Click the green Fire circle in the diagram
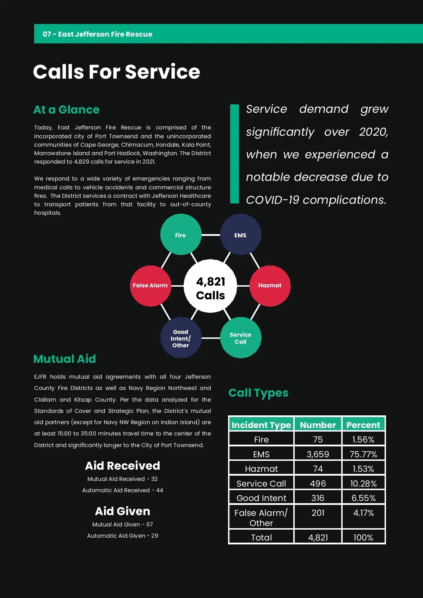[x=180, y=234]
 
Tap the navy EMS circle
[x=240, y=234]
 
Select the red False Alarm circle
[x=151, y=286]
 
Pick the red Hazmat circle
[x=270, y=286]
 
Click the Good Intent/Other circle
[x=180, y=338]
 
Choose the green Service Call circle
[x=240, y=338]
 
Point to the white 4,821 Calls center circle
[x=210, y=286]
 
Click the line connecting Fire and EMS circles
[x=211, y=235]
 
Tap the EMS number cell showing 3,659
[x=318, y=454]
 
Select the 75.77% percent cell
[x=363, y=454]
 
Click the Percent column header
[x=363, y=425]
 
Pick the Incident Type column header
[x=261, y=425]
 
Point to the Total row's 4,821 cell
[x=318, y=537]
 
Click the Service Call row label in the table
[x=261, y=483]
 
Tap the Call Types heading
[x=258, y=393]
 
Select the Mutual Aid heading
[x=65, y=359]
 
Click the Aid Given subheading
[x=123, y=511]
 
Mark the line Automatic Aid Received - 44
[x=123, y=490]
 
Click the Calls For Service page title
[x=117, y=72]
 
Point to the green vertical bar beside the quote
[x=234, y=154]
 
